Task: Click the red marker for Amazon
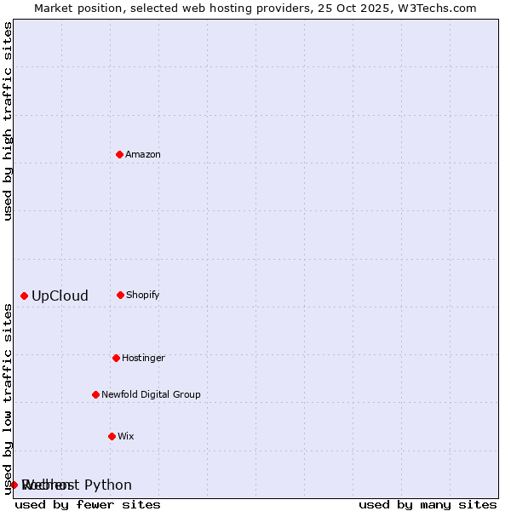pos(120,154)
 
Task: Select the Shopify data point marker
pos(121,295)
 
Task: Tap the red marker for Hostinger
pos(117,358)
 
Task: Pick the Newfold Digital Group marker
pos(96,394)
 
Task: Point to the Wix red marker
pos(112,436)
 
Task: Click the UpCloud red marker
pos(25,296)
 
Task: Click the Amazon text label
pos(143,154)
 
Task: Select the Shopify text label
pos(143,295)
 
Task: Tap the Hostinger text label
pos(143,358)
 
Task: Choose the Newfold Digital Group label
pos(151,394)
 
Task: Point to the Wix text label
pos(126,436)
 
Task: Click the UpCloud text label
pos(60,296)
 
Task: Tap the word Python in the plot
pos(108,485)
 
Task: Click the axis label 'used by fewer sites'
pos(88,504)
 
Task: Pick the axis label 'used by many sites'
pos(428,504)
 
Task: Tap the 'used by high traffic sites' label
pos(8,121)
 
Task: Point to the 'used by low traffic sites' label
pos(8,398)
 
